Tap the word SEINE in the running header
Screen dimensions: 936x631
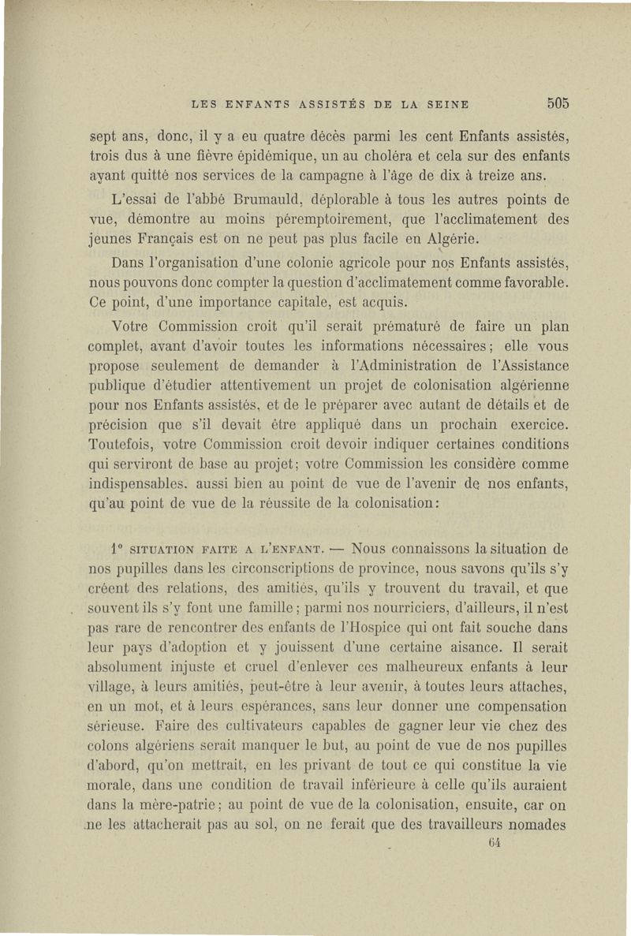[447, 103]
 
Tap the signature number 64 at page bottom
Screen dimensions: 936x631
[495, 842]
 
